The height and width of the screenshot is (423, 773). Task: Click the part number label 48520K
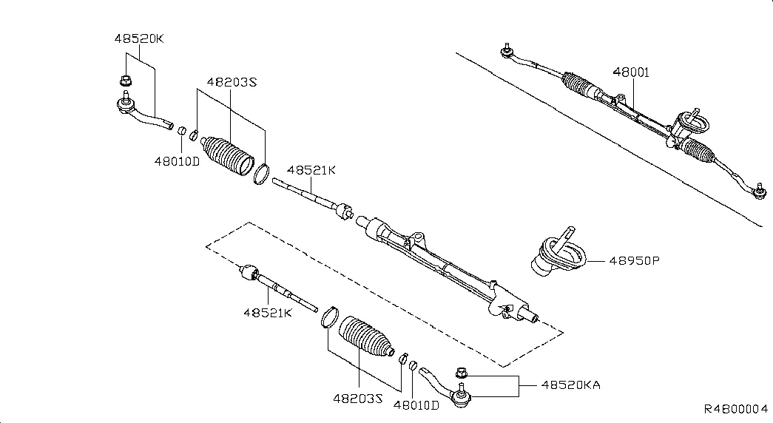pos(139,39)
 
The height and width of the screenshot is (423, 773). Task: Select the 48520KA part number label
pos(571,385)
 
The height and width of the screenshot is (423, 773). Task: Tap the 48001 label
pos(631,72)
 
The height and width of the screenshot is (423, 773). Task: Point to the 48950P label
pos(634,261)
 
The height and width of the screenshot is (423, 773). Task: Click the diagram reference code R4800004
pos(735,409)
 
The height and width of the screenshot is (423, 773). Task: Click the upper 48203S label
pos(232,82)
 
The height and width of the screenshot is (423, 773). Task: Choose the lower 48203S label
pos(358,399)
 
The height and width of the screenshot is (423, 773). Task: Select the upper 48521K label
pos(311,170)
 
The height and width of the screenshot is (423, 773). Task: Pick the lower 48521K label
pos(268,313)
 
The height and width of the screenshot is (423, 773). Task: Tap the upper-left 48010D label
pos(177,161)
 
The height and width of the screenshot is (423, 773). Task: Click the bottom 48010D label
pos(416,405)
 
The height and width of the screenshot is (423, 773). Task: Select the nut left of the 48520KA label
pos(461,373)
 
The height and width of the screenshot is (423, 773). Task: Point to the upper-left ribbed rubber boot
pos(228,155)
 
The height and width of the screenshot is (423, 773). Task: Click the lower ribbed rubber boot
pos(367,336)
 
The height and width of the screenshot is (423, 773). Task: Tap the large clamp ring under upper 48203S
pos(261,175)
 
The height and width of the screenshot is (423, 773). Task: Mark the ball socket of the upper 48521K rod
pos(344,211)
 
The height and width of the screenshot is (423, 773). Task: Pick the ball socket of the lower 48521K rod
pos(251,272)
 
